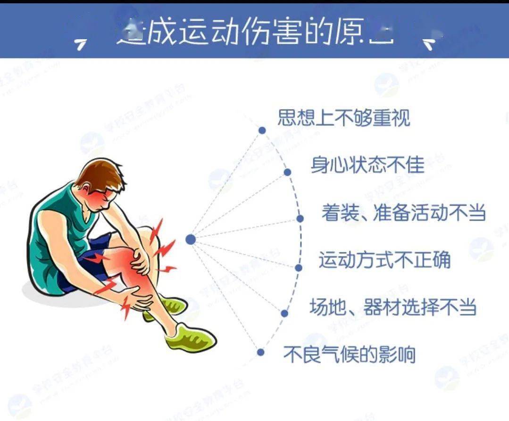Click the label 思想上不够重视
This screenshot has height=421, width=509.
[x=343, y=118]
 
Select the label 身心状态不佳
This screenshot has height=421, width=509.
[x=367, y=165]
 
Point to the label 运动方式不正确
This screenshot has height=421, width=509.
[x=384, y=260]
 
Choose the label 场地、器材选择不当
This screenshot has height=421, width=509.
[x=392, y=307]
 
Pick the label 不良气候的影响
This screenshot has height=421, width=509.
[x=349, y=354]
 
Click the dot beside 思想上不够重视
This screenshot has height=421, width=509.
[x=262, y=130]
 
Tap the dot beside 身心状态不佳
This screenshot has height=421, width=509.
[x=287, y=172]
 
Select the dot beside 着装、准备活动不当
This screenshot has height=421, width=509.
[x=300, y=218]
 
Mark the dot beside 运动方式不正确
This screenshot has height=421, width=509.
[x=298, y=267]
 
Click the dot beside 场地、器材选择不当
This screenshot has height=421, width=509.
[x=284, y=313]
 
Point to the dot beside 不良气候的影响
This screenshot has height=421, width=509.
[x=261, y=352]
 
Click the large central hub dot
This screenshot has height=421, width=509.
[x=191, y=240]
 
